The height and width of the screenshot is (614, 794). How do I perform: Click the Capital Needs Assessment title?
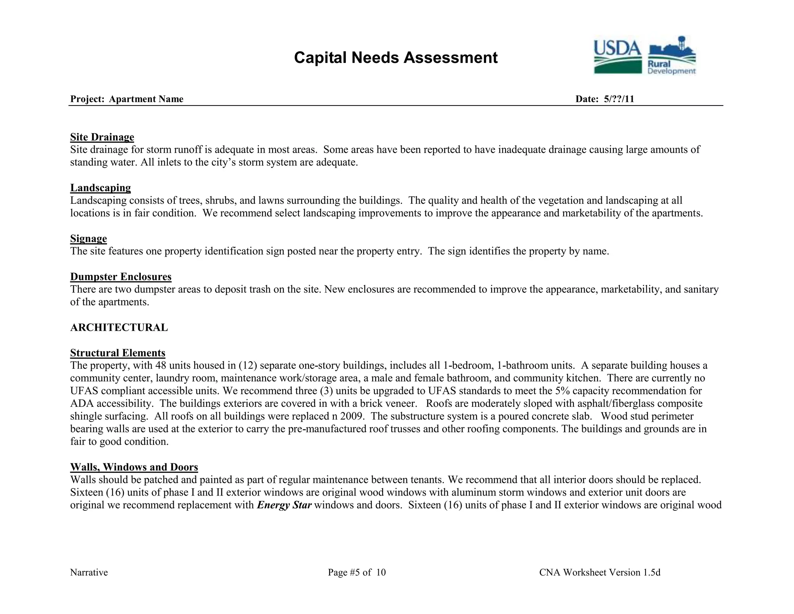[x=395, y=58]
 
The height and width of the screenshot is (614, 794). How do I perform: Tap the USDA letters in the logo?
[x=617, y=49]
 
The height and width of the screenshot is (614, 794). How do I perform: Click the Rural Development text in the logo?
[x=671, y=68]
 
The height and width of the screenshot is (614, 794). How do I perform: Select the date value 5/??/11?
[x=619, y=99]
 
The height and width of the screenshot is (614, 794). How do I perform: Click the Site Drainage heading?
[x=102, y=137]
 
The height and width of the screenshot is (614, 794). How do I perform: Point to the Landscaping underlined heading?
[x=100, y=188]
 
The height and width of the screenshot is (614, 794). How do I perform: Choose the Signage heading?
[x=88, y=238]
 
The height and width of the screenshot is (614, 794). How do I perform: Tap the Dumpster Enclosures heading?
[x=121, y=277]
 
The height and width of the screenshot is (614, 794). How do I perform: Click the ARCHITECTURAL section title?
[x=119, y=328]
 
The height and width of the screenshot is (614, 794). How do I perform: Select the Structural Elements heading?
[x=117, y=353]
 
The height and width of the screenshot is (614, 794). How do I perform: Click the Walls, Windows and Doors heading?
[x=134, y=467]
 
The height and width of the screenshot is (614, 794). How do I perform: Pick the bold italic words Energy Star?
[x=284, y=505]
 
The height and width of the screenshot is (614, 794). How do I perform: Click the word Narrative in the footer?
[x=89, y=572]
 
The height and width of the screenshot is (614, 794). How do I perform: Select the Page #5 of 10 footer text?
[x=357, y=572]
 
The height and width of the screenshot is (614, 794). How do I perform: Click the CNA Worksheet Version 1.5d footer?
[x=599, y=572]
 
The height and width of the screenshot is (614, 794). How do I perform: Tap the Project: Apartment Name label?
[x=127, y=99]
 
